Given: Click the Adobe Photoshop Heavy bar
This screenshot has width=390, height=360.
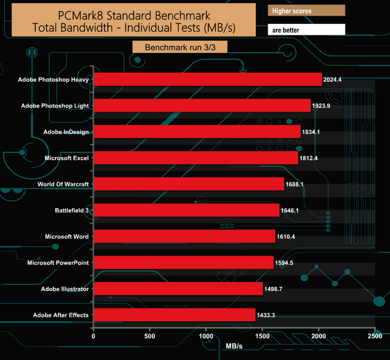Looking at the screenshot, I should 208,79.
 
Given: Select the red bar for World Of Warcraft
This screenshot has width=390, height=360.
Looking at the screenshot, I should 188,184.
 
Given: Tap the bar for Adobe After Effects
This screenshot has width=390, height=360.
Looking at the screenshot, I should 174,315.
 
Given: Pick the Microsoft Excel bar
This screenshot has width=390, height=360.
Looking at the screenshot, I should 196,158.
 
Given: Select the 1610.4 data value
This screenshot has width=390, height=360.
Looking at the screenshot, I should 288,237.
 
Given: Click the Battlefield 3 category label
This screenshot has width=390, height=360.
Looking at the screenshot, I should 71,210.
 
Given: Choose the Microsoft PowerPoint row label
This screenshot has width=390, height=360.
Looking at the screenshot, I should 58,263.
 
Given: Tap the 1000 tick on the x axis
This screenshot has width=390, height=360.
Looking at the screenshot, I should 206,337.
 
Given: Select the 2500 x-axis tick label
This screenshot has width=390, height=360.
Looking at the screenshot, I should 374,337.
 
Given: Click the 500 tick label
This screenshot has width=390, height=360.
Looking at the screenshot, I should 149,337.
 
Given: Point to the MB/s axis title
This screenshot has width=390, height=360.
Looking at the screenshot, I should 235,347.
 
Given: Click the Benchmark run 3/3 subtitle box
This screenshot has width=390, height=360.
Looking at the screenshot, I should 180,47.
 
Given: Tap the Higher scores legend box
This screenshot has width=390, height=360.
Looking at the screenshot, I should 306,11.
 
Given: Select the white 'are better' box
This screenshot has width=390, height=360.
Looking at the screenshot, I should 306,29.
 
